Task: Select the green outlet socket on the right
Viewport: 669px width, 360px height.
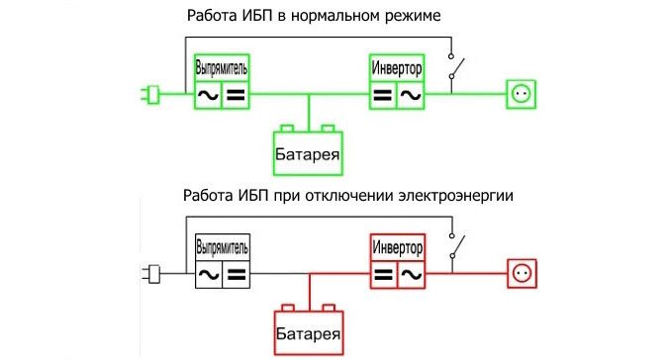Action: point(521,95)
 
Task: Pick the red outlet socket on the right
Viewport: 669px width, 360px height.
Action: point(521,270)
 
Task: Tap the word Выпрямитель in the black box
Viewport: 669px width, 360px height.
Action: point(222,243)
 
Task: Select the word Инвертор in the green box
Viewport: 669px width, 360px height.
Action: point(397,67)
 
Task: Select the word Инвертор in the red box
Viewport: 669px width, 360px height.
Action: point(397,243)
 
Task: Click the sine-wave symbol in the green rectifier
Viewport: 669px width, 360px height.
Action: point(208,96)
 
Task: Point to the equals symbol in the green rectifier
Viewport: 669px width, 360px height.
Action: point(236,96)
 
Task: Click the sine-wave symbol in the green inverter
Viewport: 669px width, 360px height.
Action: point(411,96)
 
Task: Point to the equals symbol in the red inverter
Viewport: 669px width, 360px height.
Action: point(383,272)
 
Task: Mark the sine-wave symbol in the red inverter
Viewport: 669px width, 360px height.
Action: point(411,272)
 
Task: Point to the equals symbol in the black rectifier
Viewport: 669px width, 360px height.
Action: point(236,272)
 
